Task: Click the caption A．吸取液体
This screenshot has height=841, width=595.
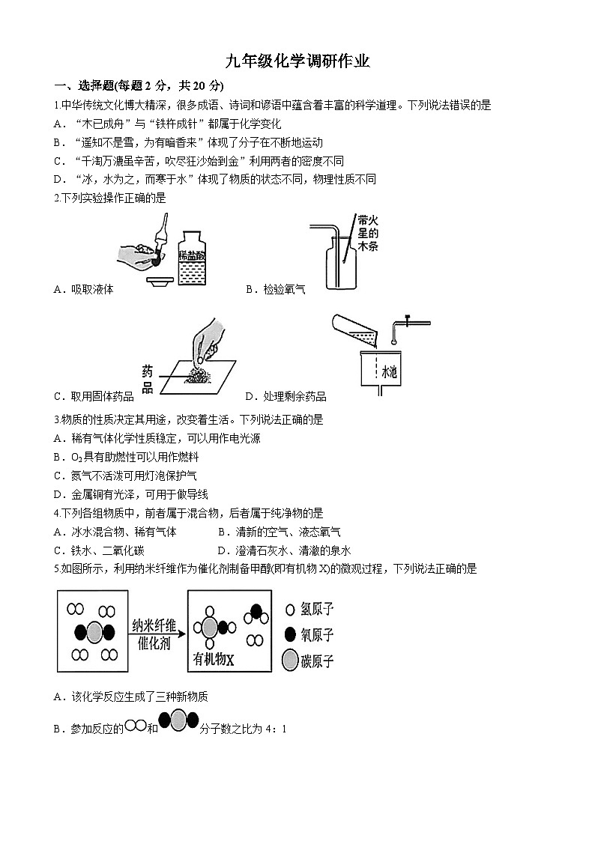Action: [x=84, y=289]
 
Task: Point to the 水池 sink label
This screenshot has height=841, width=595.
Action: [x=390, y=371]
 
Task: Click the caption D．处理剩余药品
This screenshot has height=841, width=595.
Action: [x=286, y=396]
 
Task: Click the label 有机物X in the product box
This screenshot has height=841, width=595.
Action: [x=214, y=659]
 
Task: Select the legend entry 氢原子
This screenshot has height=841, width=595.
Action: [x=316, y=610]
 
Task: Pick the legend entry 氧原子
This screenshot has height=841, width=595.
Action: [x=316, y=635]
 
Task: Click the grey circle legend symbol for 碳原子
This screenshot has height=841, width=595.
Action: [x=291, y=661]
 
